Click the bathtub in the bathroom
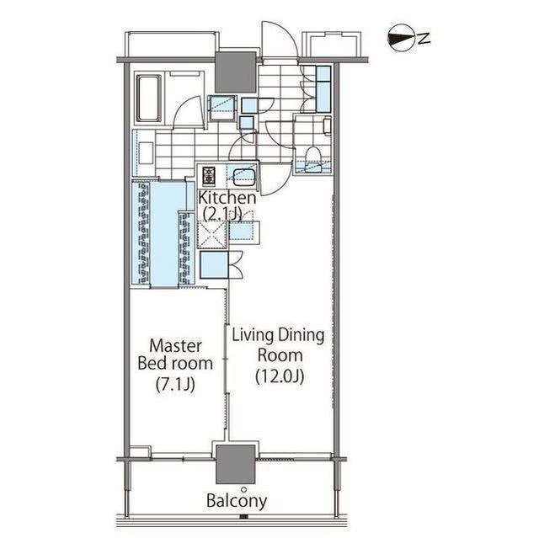[x=150, y=98]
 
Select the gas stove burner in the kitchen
[x=209, y=176]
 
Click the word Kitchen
[x=227, y=198]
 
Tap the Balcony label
[x=237, y=502]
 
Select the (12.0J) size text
[x=280, y=376]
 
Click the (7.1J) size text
[x=175, y=385]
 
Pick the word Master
[x=175, y=345]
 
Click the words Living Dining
[x=278, y=336]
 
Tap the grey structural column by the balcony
[x=236, y=465]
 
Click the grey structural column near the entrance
[x=236, y=72]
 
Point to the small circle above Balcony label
[x=244, y=489]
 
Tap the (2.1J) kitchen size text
[x=222, y=215]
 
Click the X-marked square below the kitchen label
[x=212, y=235]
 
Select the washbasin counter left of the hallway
[x=144, y=153]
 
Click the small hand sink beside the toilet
[x=327, y=125]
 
